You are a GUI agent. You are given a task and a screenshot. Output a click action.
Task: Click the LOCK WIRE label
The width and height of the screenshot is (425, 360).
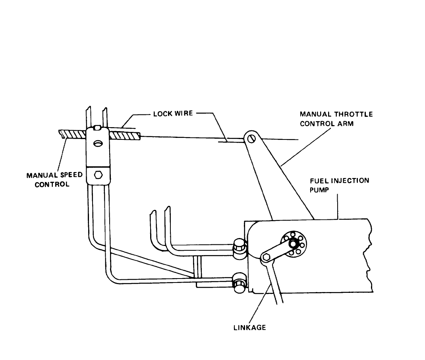coord(173,114)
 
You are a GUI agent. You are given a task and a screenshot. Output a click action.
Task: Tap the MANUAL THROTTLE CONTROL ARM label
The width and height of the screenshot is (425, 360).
coord(336,119)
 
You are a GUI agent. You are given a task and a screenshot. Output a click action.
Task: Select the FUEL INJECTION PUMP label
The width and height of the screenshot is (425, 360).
coord(339,185)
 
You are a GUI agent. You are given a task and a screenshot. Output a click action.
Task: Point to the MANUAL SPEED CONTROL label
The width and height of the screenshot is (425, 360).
coord(54,180)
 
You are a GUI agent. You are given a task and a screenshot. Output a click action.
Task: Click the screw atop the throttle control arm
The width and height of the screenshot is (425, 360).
coord(251,139)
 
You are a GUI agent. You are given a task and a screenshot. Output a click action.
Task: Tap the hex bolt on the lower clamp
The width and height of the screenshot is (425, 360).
coord(98,174)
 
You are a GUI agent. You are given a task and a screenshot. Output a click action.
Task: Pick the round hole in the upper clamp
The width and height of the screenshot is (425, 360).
coord(98,143)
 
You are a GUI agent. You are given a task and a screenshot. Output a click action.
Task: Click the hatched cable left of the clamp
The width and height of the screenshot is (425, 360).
coord(73,134)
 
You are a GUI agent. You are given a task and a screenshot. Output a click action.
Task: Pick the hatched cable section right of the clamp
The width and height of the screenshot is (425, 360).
coord(125,136)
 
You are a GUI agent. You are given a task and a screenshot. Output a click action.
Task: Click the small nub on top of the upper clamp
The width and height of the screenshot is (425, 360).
coord(98,128)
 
